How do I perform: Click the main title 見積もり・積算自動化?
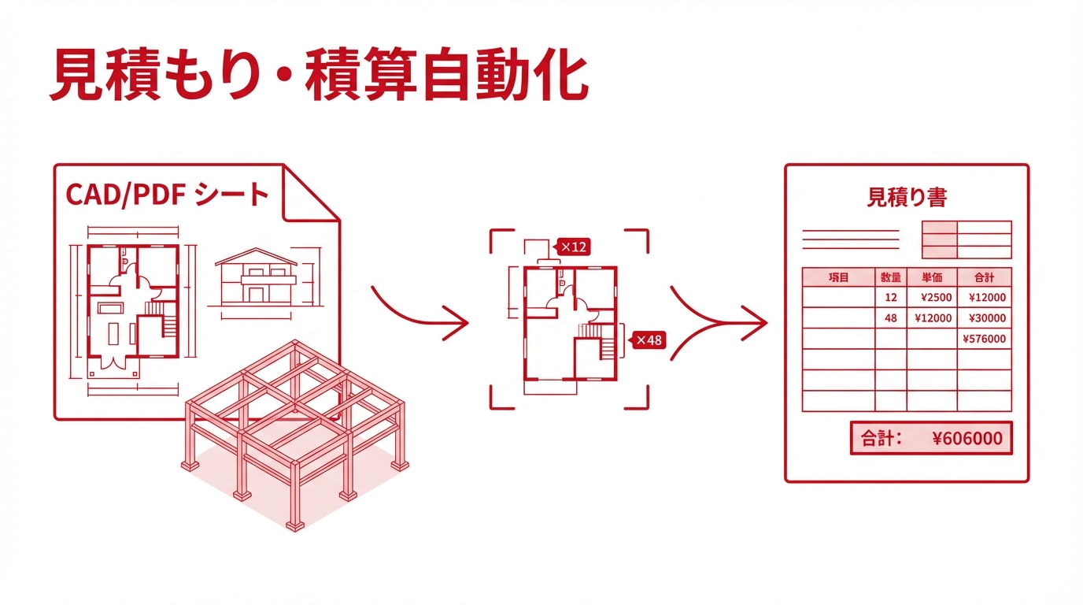pyautogui.click(x=318, y=76)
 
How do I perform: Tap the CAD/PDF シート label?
pyautogui.click(x=168, y=194)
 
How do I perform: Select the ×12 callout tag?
pyautogui.click(x=574, y=247)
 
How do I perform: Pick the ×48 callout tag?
pyautogui.click(x=649, y=340)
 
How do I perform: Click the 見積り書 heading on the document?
pyautogui.click(x=906, y=197)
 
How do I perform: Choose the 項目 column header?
pyautogui.click(x=839, y=277)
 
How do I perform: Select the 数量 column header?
pyautogui.click(x=891, y=277)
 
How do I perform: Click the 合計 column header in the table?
pyautogui.click(x=984, y=277)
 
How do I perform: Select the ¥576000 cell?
pyautogui.click(x=984, y=339)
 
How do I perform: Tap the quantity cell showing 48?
pyautogui.click(x=891, y=318)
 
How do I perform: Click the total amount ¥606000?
pyautogui.click(x=967, y=439)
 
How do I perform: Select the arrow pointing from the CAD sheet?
pyautogui.click(x=421, y=314)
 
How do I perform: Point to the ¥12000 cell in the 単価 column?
pyautogui.click(x=933, y=318)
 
